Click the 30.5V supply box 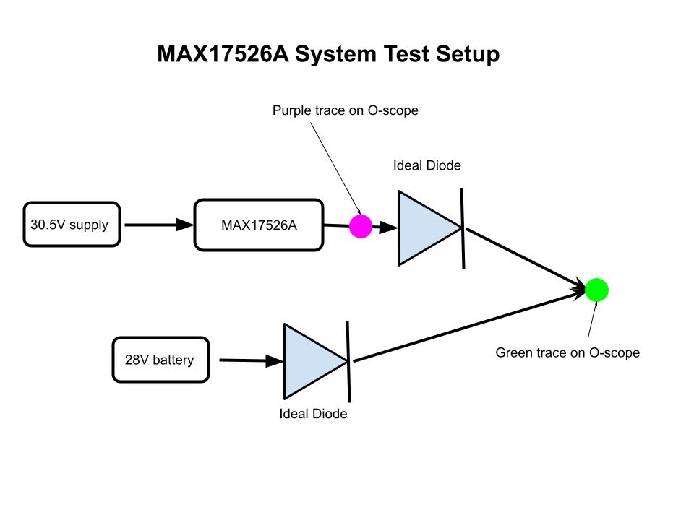pyautogui.click(x=72, y=224)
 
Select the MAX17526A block pyautogui.click(x=259, y=225)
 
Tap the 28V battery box pyautogui.click(x=160, y=360)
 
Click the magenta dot pyautogui.click(x=361, y=226)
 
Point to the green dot pyautogui.click(x=596, y=290)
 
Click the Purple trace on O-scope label pyautogui.click(x=346, y=110)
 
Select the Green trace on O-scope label pyautogui.click(x=567, y=352)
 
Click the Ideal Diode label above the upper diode pyautogui.click(x=427, y=165)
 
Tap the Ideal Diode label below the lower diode pyautogui.click(x=313, y=413)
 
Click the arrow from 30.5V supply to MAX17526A pyautogui.click(x=159, y=225)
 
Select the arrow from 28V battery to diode pyautogui.click(x=252, y=360)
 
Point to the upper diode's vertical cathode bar pyautogui.click(x=463, y=228)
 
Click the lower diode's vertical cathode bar pyautogui.click(x=348, y=362)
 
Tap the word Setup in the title pyautogui.click(x=468, y=54)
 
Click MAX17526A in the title pyautogui.click(x=223, y=54)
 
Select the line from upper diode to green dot pyautogui.click(x=526, y=259)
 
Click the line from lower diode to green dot pyautogui.click(x=469, y=326)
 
